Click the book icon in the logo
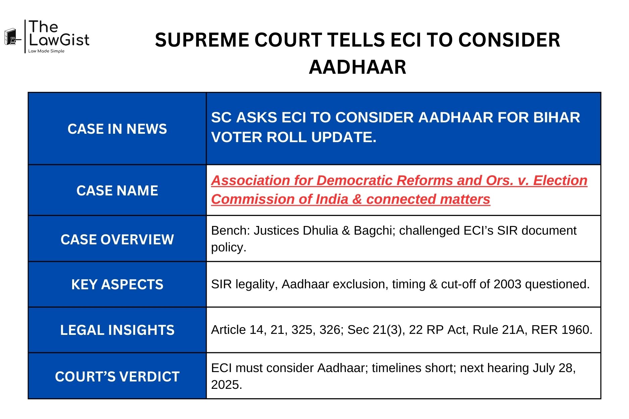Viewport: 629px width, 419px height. (11, 37)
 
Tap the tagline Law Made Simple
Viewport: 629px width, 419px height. (46, 51)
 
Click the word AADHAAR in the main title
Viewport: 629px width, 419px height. (357, 67)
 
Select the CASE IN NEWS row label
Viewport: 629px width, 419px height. (117, 129)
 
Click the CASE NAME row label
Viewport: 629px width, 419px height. (117, 191)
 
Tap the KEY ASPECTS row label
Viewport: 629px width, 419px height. (117, 285)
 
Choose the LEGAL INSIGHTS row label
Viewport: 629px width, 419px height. (117, 330)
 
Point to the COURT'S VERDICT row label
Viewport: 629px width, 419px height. (117, 377)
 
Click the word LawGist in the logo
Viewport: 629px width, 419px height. (59, 40)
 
